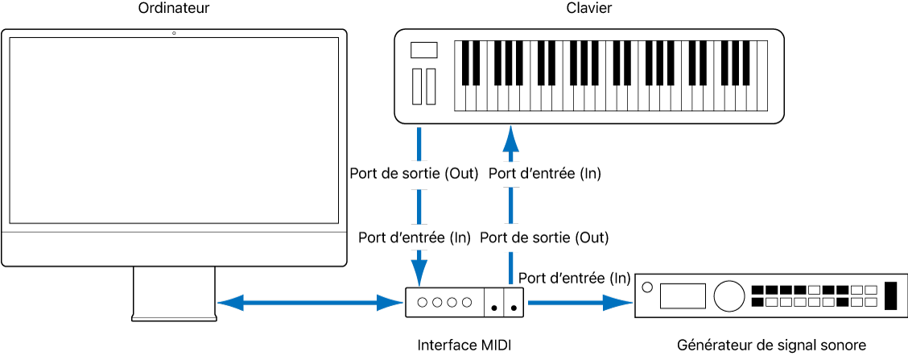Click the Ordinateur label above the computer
174,10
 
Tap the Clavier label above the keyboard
589,10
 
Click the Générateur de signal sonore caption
771,346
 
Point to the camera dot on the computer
174,33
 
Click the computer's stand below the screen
174,293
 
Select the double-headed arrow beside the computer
310,303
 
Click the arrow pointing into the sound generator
579,303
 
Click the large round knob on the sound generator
728,296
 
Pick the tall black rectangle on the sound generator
889,296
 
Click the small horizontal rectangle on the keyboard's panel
423,51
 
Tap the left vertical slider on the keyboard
416,87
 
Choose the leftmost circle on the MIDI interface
422,303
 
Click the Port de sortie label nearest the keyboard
414,173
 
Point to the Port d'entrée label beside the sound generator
574,278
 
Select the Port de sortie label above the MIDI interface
544,238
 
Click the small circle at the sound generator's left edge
646,285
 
